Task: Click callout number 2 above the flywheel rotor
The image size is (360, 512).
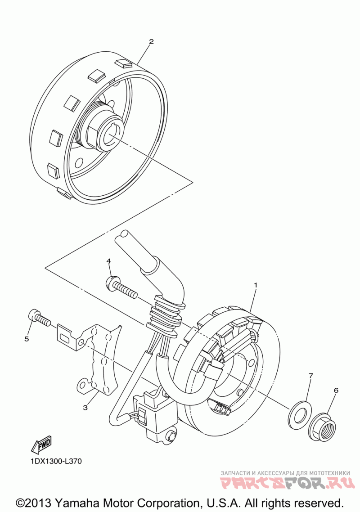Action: click(x=151, y=42)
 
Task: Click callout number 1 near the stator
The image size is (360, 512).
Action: click(x=256, y=285)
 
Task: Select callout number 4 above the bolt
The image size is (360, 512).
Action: click(x=108, y=261)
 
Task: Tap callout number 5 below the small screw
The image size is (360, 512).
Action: click(x=27, y=338)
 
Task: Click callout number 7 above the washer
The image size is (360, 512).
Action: click(x=310, y=375)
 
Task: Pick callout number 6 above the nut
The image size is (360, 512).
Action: click(x=336, y=391)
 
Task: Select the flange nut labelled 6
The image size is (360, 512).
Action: click(x=322, y=427)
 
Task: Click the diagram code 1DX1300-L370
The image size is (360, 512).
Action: click(x=56, y=461)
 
